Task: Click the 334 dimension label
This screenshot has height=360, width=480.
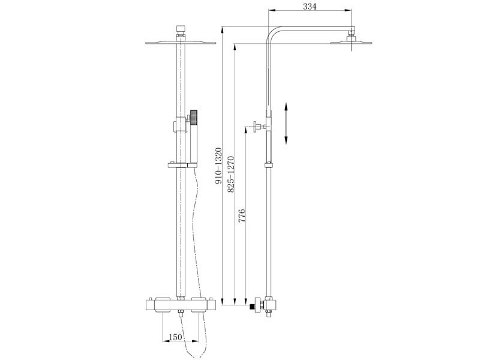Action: (310, 7)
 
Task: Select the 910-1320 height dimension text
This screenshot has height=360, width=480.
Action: (218, 166)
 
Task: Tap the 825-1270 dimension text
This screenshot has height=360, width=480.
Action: (231, 175)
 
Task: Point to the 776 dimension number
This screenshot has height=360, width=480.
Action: (242, 215)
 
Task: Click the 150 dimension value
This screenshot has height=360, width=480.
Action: (175, 337)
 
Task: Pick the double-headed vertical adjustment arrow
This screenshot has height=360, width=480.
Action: (286, 123)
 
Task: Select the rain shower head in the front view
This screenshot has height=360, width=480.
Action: (181, 43)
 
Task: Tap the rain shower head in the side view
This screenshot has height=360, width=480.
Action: (351, 43)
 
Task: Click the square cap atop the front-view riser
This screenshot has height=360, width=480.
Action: (181, 29)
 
